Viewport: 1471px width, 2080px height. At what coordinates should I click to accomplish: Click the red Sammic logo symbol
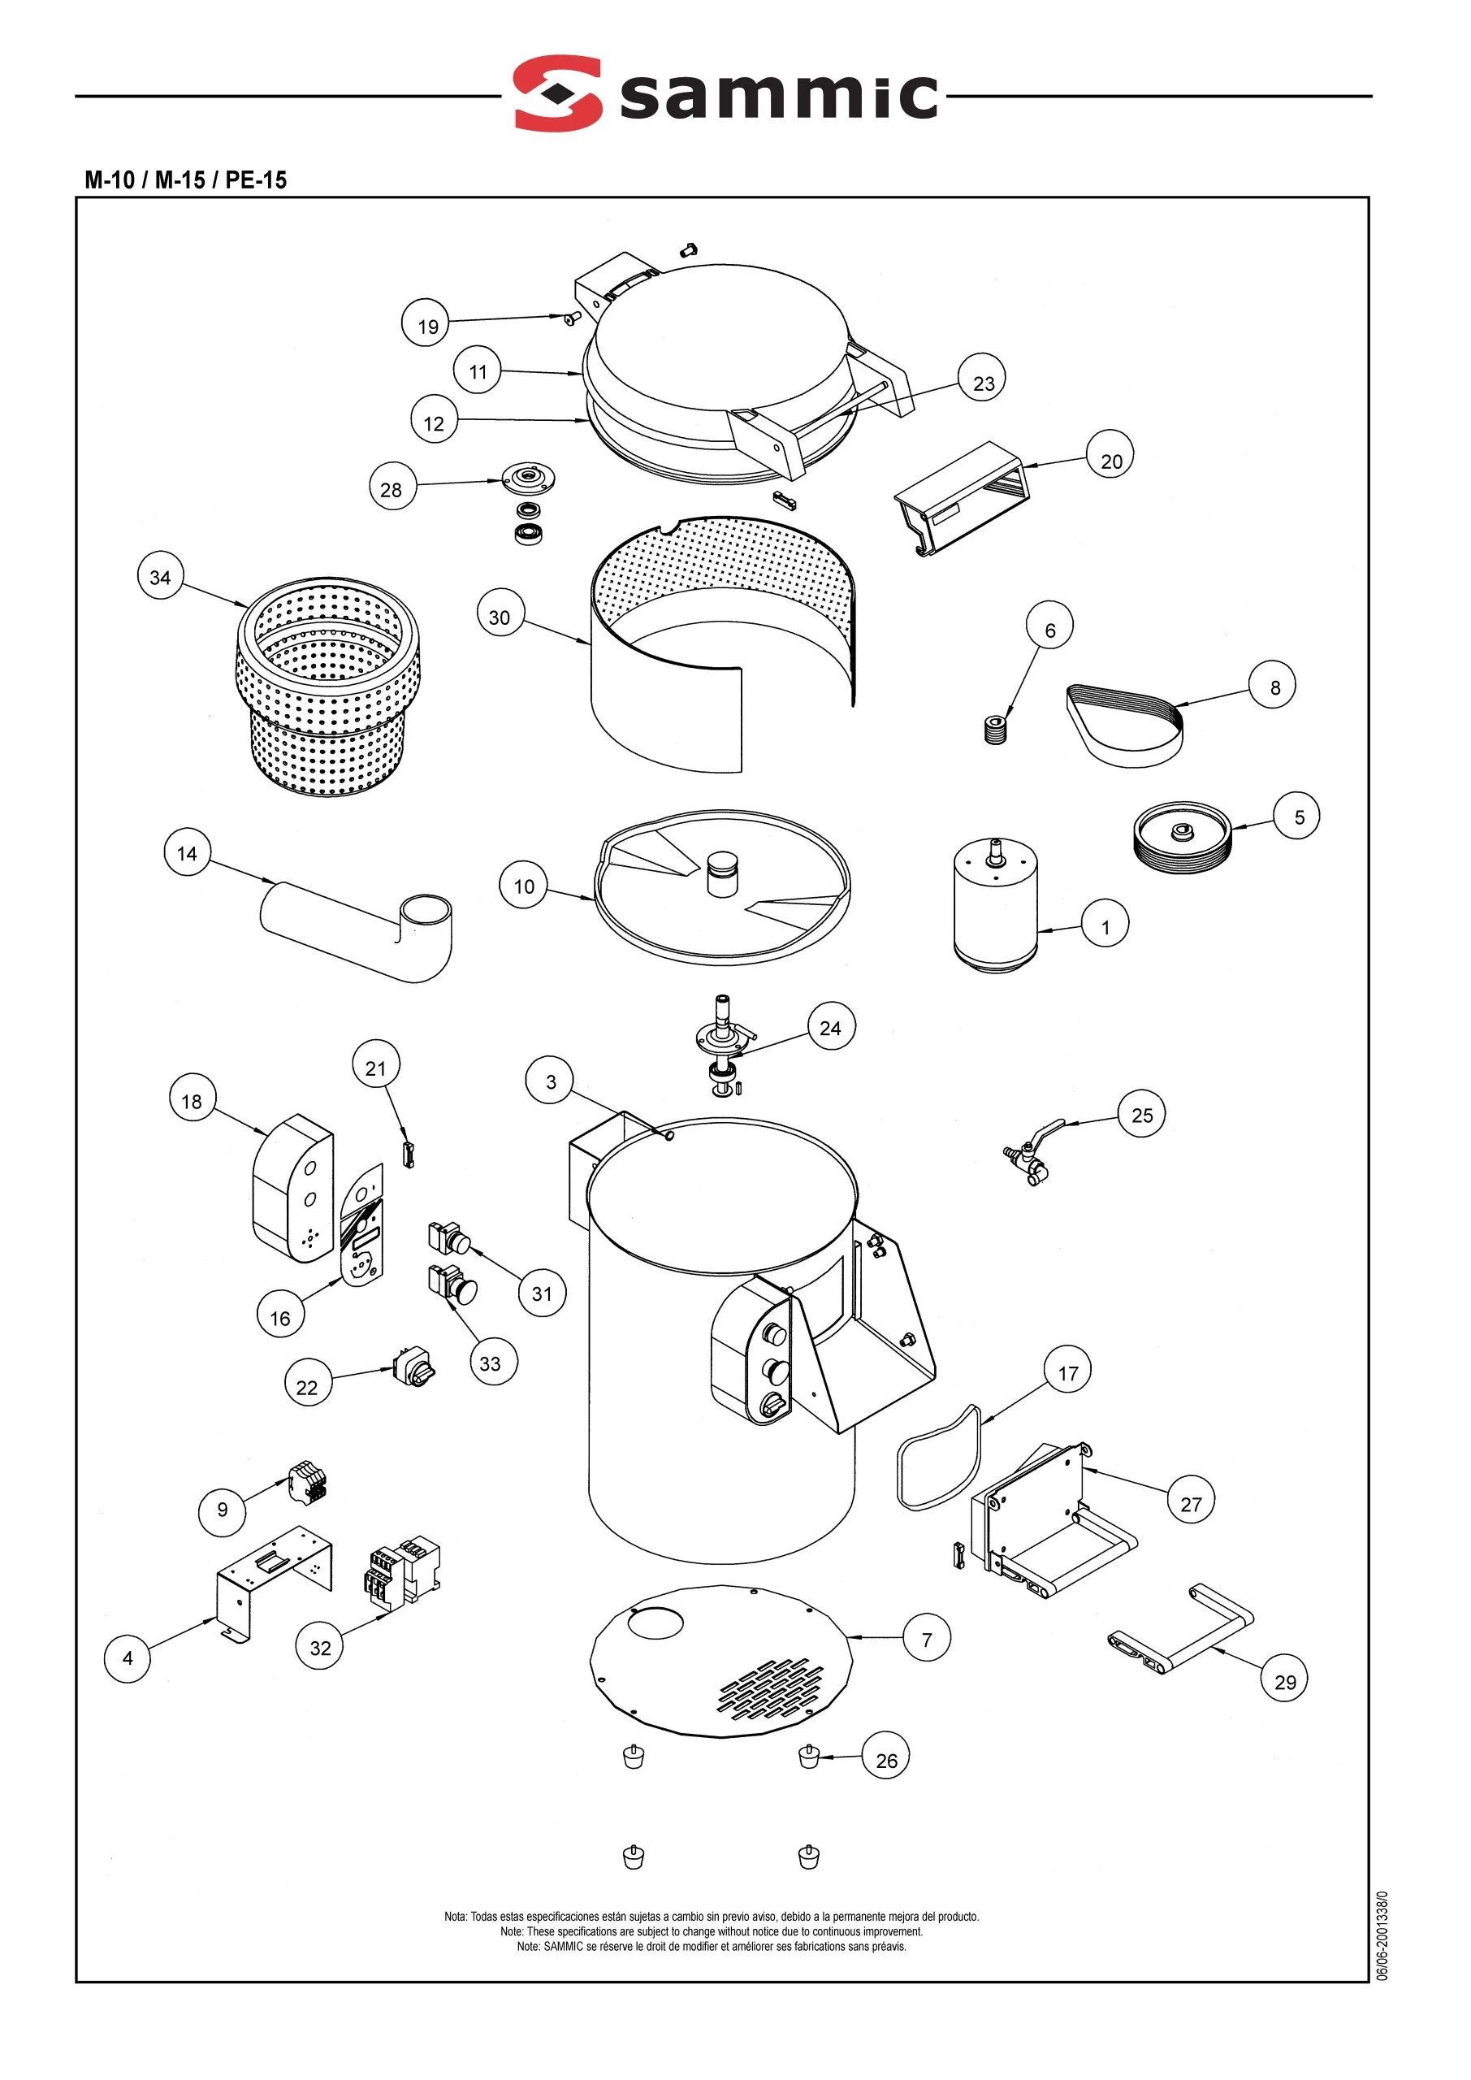coord(558,93)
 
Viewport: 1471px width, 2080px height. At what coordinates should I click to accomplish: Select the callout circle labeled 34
coord(160,577)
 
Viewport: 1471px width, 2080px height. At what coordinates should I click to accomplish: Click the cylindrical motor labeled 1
coord(994,906)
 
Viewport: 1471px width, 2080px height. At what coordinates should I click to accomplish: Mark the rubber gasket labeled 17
coord(938,1458)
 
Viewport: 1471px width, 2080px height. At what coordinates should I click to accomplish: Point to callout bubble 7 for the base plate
coord(927,1639)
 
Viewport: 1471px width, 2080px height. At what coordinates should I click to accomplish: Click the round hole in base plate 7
coord(655,1622)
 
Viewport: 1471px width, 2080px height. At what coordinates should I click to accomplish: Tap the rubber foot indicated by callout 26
coord(808,1757)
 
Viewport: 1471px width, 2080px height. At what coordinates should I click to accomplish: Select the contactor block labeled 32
coord(403,1573)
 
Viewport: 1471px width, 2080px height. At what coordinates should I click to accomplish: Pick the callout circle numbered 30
coord(500,617)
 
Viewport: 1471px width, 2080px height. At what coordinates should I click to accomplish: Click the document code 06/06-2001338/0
coord(1382,1947)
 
